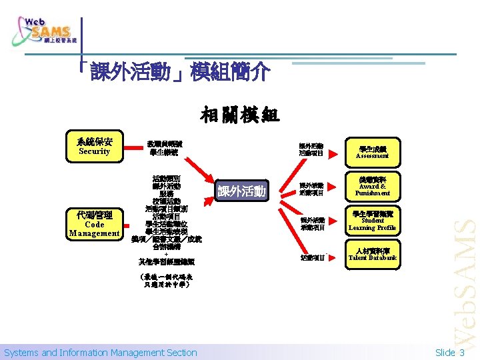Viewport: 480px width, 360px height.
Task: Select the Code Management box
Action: click(x=94, y=224)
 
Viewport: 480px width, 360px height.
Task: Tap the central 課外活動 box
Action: click(x=242, y=192)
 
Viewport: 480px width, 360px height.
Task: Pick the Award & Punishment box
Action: click(x=372, y=186)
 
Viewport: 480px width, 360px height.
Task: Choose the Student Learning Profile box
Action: click(x=372, y=221)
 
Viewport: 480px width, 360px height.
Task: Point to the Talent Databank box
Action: click(x=372, y=255)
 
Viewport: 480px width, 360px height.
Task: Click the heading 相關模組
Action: click(x=240, y=115)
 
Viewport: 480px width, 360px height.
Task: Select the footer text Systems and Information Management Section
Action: click(x=101, y=353)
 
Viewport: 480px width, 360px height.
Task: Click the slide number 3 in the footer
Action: click(x=461, y=353)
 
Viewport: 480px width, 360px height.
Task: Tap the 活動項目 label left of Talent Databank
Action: click(x=311, y=257)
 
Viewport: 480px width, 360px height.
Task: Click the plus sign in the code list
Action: click(x=166, y=253)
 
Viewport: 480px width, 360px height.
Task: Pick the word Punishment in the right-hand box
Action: click(x=372, y=193)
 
